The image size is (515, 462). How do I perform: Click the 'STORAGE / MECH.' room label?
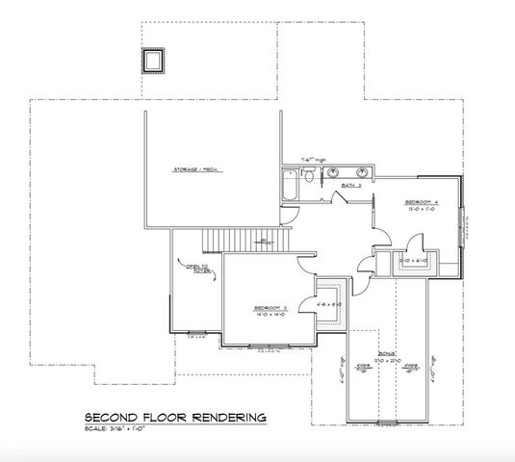(192, 169)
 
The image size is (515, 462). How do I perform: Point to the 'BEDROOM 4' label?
(424, 201)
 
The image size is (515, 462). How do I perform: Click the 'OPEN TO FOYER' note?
(198, 269)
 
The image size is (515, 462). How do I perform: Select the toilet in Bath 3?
(306, 176)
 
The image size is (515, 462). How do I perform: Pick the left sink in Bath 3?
(333, 173)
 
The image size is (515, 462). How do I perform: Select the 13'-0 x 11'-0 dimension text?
(424, 208)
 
